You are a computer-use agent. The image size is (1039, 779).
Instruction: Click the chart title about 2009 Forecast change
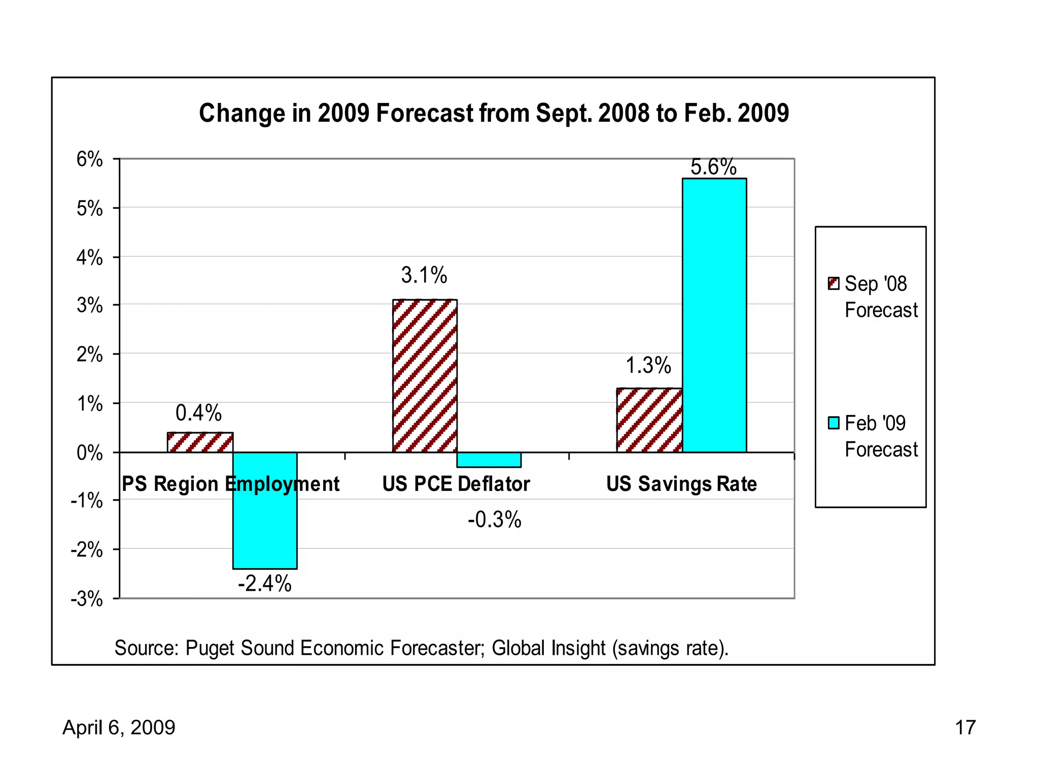[x=494, y=113]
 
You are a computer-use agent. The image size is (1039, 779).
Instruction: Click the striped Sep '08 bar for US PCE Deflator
[x=425, y=375]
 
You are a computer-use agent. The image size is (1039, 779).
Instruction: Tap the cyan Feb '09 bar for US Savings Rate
[x=714, y=314]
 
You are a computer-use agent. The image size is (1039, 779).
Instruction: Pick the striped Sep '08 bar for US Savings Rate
[x=649, y=420]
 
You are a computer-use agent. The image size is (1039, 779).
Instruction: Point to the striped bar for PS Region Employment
[x=200, y=442]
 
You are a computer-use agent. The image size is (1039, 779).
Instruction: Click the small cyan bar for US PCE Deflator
[x=489, y=459]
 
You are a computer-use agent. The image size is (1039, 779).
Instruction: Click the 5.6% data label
[x=713, y=167]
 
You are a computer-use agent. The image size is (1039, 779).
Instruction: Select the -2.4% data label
[x=265, y=583]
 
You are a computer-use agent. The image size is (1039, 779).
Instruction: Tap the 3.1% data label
[x=424, y=275]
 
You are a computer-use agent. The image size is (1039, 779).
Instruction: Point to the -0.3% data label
[x=495, y=520]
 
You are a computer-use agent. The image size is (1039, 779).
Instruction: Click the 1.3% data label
[x=648, y=365]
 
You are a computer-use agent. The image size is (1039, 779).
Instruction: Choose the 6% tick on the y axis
[x=90, y=159]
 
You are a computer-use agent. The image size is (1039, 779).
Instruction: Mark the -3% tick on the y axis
[x=87, y=599]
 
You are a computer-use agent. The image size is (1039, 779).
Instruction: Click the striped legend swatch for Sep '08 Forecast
[x=834, y=283]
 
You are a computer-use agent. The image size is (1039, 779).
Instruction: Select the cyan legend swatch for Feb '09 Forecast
[x=834, y=422]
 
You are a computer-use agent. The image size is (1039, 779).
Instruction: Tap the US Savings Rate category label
[x=681, y=484]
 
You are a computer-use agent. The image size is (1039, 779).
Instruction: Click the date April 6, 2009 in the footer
[x=119, y=727]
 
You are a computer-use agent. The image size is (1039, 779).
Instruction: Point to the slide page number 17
[x=965, y=727]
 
